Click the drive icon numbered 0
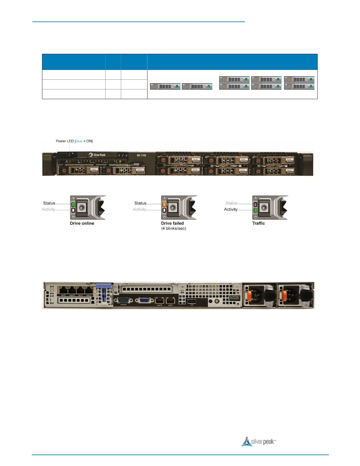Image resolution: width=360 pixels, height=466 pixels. pos(165,86)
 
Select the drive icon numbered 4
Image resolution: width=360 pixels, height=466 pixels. pos(266,79)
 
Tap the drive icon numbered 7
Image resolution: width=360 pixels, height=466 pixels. pos(299,86)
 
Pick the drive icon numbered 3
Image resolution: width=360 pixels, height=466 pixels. pos(234,86)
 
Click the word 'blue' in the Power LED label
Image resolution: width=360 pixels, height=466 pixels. pos(79,141)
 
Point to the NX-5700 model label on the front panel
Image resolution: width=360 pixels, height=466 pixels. pos(141,155)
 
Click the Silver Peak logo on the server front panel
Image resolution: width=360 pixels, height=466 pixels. pos(97,155)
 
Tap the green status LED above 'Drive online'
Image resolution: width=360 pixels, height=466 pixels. pos(73,204)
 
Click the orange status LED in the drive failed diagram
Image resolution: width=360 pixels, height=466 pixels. pos(164,204)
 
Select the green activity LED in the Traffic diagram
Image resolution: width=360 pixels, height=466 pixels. pos(255,210)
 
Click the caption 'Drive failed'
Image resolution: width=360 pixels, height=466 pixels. pos(172,223)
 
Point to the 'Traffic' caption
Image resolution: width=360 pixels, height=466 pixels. pos(259,223)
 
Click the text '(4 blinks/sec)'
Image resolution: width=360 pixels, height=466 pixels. pos(174,229)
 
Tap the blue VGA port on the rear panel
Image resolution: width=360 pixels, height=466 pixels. pos(144,300)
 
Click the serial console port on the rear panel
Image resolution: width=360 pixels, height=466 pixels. pos(124,300)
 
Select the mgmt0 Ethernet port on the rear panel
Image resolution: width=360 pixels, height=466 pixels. pos(159,300)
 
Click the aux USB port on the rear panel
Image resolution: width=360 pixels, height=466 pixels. pos(192,301)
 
